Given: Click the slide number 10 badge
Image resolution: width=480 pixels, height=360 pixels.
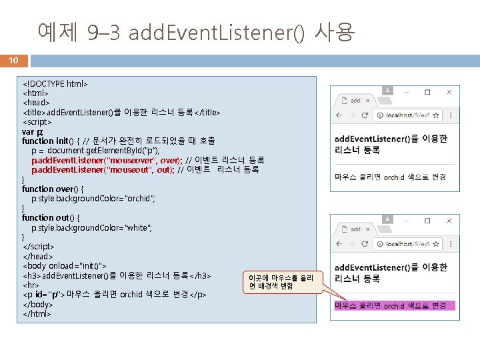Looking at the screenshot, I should [13, 61].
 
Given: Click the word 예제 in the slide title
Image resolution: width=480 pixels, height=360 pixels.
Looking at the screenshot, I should [58, 31].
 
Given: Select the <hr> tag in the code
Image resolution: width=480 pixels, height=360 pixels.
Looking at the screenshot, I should [31, 285].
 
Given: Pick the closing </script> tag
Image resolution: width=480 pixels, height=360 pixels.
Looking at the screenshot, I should [39, 247].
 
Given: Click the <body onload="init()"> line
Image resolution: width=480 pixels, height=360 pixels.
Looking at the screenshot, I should [65, 265].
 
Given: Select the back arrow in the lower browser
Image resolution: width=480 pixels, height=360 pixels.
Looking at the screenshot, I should [340, 243].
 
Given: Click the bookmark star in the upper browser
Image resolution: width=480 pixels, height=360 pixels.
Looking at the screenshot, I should [419, 114].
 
